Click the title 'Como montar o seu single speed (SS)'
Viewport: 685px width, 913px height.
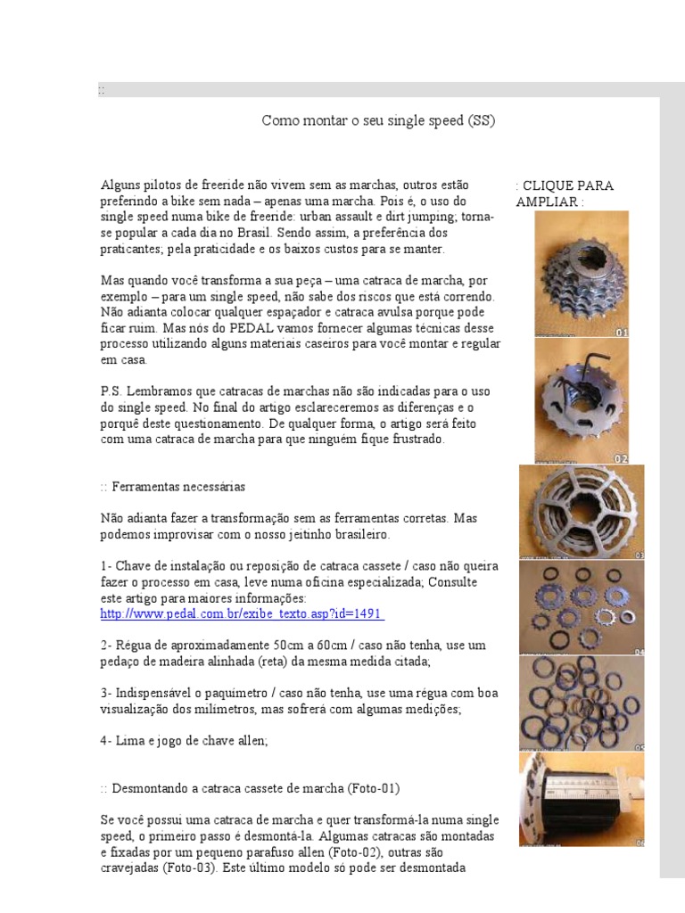point(378,120)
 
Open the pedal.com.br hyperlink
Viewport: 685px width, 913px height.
point(242,614)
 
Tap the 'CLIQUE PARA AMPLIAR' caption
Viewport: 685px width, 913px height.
point(564,193)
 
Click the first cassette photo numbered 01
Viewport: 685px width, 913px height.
point(582,274)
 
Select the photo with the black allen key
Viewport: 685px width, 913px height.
point(582,401)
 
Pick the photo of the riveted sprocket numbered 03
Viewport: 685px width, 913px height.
point(582,512)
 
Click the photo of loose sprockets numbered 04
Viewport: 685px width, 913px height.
point(582,608)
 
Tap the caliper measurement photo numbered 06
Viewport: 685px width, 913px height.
point(582,799)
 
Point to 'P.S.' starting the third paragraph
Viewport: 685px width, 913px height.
point(111,392)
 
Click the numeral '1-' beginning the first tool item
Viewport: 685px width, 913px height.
point(106,566)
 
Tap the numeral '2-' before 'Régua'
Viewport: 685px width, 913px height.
point(106,645)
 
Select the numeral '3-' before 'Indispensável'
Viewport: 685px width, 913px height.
point(106,693)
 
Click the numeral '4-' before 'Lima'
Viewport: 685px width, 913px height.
point(106,740)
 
